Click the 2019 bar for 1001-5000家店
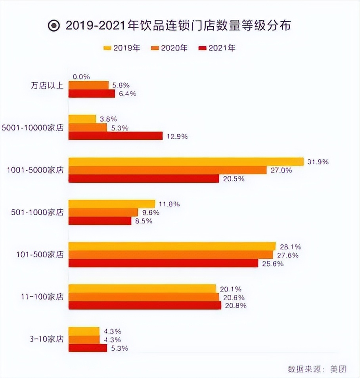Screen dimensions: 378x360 click(x=186, y=162)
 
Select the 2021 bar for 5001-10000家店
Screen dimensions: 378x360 click(x=115, y=136)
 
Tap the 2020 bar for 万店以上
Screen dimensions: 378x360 click(x=88, y=85)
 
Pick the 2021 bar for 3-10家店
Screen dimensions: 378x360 click(x=88, y=348)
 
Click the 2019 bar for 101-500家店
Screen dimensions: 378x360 click(x=172, y=246)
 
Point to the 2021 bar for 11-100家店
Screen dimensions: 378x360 click(x=145, y=305)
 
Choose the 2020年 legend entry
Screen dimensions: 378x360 click(x=169, y=48)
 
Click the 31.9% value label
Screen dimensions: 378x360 click(x=318, y=162)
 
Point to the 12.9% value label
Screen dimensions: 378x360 click(x=176, y=136)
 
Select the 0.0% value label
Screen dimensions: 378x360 click(x=81, y=76)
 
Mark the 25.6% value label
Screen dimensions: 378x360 click(x=272, y=263)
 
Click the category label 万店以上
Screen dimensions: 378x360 click(x=47, y=85)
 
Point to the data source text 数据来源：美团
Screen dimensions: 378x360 click(x=317, y=369)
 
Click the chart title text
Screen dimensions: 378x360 click(x=178, y=26)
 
